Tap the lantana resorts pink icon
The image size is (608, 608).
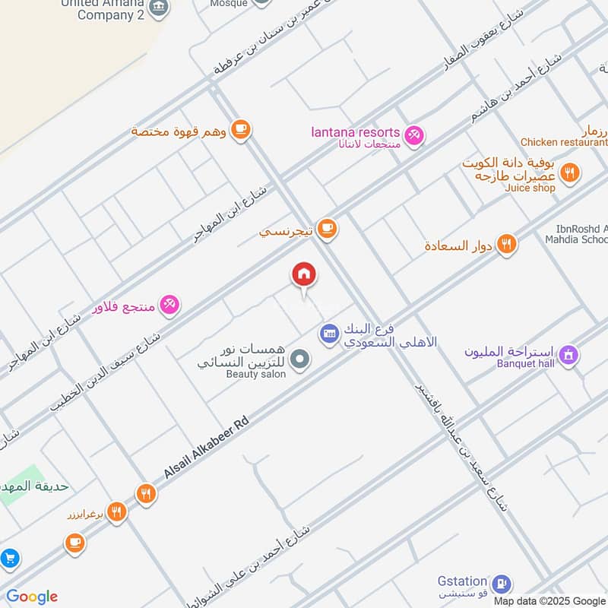coord(414,135)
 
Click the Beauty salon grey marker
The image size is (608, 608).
coord(301,358)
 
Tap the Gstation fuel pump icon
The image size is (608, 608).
coord(501,583)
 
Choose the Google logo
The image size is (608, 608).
coord(32,597)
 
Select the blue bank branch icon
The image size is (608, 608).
coord(329,333)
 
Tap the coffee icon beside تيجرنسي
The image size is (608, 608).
coord(327,228)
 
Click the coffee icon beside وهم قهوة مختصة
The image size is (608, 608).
coord(241,130)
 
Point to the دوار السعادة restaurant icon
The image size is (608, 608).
coord(506,245)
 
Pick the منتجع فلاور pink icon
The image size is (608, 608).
coord(169,305)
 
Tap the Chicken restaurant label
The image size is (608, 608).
coord(563,142)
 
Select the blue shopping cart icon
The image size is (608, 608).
coord(9,559)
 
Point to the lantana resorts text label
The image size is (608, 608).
coord(355,132)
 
